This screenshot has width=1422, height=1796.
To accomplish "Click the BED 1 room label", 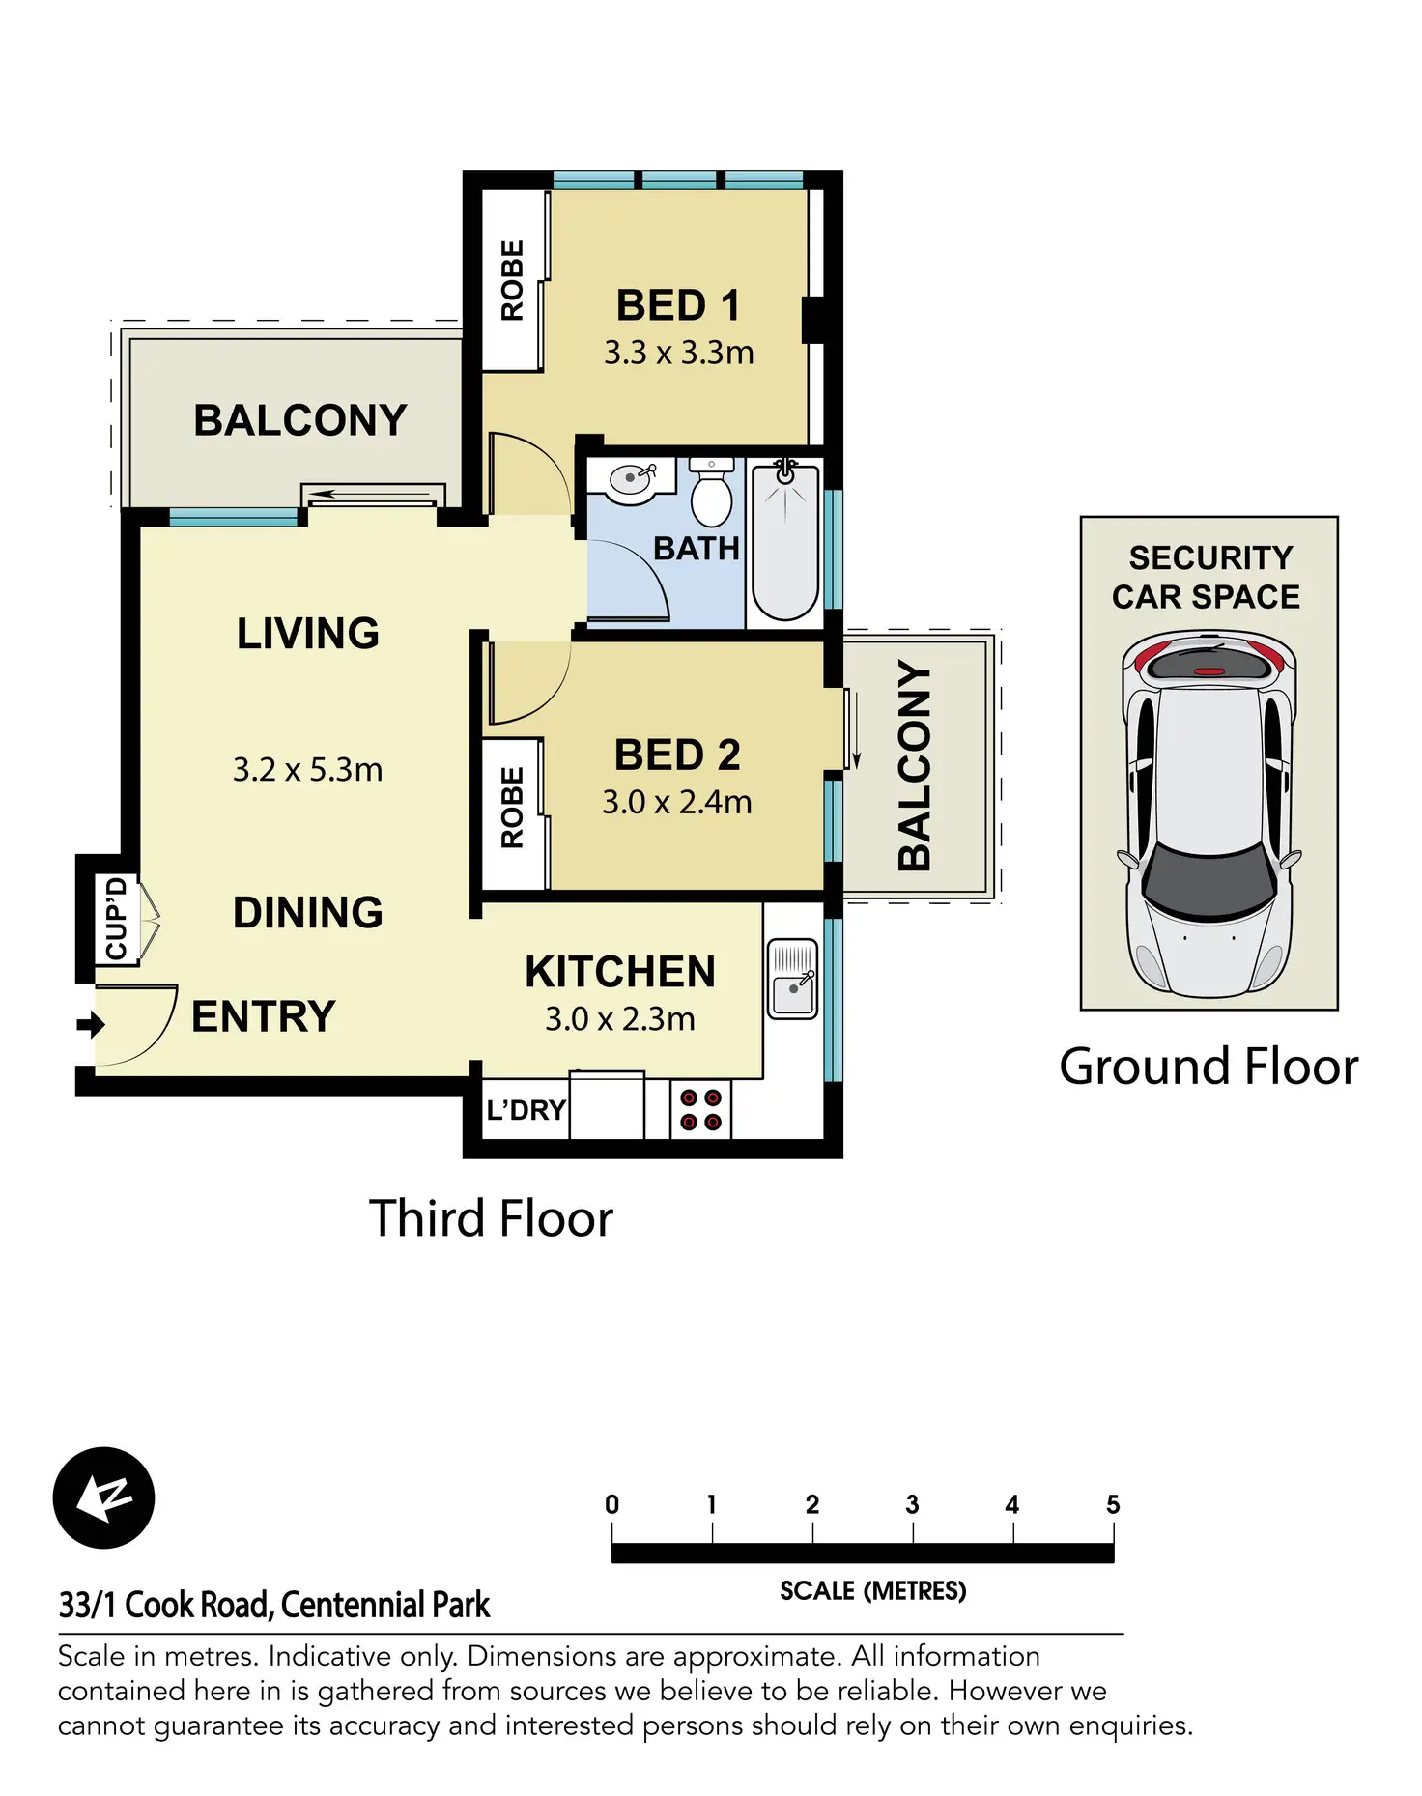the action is click(x=678, y=305).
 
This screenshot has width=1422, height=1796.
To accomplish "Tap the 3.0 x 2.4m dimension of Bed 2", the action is click(x=676, y=802).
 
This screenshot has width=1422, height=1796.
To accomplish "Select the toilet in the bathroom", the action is click(x=712, y=496).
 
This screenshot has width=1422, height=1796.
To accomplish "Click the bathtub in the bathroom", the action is click(x=785, y=543).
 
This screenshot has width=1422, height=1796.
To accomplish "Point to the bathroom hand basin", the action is click(x=633, y=480).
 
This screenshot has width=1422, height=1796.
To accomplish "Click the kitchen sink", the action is click(x=793, y=979).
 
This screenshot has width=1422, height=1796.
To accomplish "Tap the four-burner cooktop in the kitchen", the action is click(x=700, y=1110).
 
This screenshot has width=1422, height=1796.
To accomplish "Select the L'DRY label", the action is click(x=526, y=1110).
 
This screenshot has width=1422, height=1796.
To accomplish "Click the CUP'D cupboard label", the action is click(x=117, y=918).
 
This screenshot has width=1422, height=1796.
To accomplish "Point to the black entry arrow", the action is click(x=90, y=1024).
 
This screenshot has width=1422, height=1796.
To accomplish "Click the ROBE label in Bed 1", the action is click(x=512, y=280).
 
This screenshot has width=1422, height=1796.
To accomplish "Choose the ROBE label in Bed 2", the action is click(x=512, y=808).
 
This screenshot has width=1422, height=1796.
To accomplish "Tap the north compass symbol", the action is click(x=103, y=1497).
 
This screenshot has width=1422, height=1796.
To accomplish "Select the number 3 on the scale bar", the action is click(x=912, y=1504).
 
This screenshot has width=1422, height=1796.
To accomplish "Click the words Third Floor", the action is click(x=491, y=1218).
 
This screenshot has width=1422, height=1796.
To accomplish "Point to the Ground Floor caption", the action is click(x=1209, y=1067).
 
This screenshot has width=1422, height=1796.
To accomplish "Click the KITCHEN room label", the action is click(x=620, y=972).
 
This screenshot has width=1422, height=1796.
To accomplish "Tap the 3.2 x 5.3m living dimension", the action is click(x=307, y=770).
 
